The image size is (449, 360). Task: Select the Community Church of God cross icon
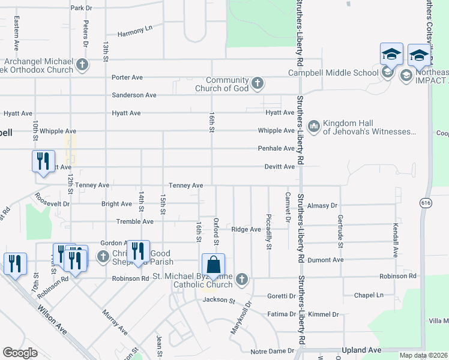click(x=258, y=83)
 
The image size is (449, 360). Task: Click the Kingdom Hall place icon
click(x=313, y=127)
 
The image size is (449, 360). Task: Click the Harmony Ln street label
click(x=135, y=31)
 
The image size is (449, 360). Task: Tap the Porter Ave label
click(x=127, y=77)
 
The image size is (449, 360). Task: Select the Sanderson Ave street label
click(x=134, y=95)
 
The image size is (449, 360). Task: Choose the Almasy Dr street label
click(x=322, y=206)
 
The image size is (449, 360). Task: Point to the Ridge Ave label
click(x=246, y=229)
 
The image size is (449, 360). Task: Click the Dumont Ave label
click(x=325, y=260)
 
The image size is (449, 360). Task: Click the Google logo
click(x=20, y=352)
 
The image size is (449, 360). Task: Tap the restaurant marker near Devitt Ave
click(x=41, y=163)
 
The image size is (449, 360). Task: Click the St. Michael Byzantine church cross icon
click(x=242, y=279)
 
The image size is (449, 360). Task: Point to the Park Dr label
click(x=81, y=8)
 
